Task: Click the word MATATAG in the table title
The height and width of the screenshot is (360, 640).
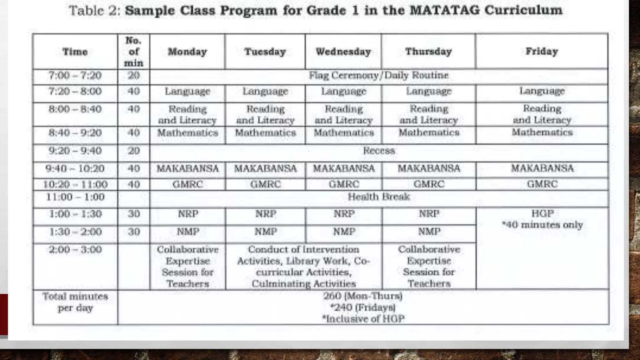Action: point(445,10)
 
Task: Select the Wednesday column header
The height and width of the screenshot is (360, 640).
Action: point(343,52)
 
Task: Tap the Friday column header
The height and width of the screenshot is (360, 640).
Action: point(542,51)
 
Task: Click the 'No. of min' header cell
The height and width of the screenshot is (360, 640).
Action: point(133,52)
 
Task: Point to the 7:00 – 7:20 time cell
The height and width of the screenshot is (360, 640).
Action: point(75,76)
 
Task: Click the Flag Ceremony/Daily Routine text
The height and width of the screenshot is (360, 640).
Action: point(378,75)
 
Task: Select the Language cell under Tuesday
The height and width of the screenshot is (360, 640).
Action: point(265,91)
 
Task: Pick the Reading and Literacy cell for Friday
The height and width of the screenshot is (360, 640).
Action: point(542,114)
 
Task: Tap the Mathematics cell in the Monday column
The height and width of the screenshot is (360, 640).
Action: point(187,133)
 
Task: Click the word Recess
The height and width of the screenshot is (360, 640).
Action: point(379,151)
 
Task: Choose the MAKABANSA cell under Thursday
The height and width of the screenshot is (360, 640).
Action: point(429,168)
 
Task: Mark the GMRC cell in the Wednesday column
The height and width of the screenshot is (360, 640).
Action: point(343,184)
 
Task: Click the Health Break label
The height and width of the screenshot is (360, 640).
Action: point(378,197)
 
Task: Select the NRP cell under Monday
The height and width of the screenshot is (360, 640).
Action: point(188,214)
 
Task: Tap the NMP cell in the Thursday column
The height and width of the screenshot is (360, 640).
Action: point(429,232)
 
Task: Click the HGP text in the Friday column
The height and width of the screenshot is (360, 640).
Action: point(542,213)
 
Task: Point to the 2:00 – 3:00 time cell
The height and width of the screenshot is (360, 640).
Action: point(75,250)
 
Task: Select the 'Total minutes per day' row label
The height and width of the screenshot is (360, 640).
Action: point(75,302)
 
